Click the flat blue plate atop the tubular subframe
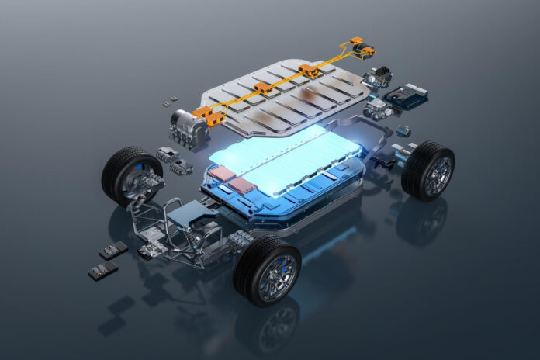tap(182, 214)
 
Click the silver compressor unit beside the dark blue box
tap(378, 108)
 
